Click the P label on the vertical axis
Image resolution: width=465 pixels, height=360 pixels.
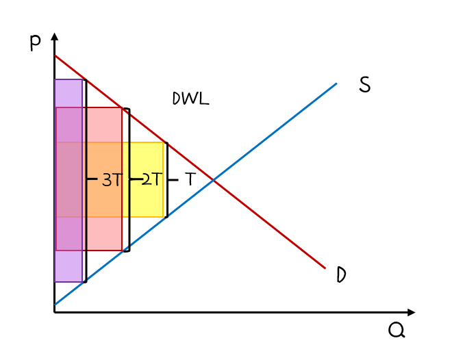tap(35, 43)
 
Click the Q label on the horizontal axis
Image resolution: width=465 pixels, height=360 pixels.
tap(397, 330)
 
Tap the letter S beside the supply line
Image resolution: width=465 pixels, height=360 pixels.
tap(364, 86)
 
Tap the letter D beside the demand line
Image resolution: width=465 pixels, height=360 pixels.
tap(341, 275)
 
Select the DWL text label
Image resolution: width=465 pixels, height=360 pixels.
tap(190, 99)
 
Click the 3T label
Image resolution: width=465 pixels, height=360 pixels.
tap(112, 180)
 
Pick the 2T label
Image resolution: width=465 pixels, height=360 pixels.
tap(152, 179)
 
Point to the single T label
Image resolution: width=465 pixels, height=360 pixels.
tap(190, 179)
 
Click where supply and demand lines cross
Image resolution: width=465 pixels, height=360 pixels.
tap(213, 179)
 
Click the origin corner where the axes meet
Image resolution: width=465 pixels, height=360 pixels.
tap(55, 312)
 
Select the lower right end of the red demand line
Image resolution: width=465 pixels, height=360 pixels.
tap(325, 268)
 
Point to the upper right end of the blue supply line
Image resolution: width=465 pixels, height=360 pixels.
tap(336, 83)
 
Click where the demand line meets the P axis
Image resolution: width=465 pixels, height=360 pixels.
tap(55, 55)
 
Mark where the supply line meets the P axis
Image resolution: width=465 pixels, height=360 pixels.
tap(55, 305)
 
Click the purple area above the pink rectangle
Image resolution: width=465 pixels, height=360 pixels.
tap(68, 93)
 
